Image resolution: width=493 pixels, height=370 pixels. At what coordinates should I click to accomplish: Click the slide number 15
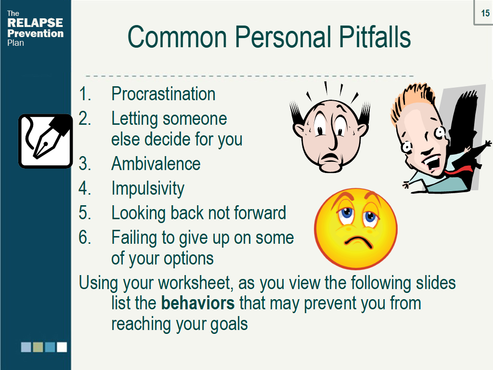485,13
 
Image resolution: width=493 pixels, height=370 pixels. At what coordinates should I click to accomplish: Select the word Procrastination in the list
163,93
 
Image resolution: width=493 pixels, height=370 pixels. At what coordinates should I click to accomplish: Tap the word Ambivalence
156,164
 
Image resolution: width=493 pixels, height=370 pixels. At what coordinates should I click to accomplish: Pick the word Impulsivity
147,188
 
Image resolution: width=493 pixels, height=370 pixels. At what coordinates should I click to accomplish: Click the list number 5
85,213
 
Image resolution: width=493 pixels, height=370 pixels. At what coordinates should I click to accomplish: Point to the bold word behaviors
198,304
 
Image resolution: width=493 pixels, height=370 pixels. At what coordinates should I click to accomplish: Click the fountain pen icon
45,141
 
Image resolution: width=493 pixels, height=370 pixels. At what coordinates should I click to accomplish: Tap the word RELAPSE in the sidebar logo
35,23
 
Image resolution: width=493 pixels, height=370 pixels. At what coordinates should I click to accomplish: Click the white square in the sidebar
62,347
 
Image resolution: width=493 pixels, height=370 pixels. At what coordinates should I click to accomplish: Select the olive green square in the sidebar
38,347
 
